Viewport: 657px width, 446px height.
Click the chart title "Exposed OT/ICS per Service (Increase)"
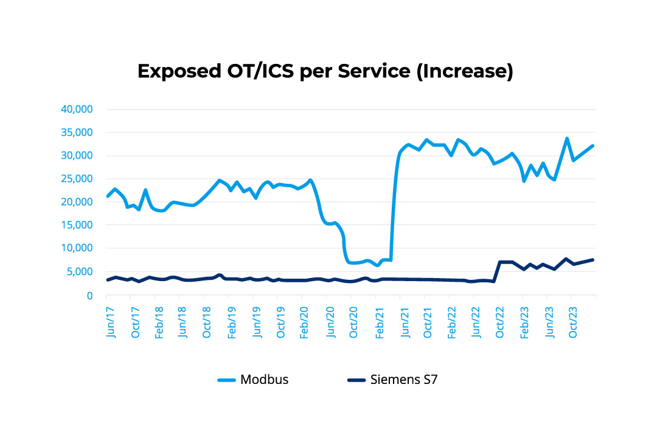(325, 71)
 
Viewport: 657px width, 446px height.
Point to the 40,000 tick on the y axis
(77, 110)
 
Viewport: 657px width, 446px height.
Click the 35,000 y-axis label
(77, 133)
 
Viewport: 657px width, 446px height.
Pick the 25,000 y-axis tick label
(77, 179)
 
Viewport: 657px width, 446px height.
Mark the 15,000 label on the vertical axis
(77, 225)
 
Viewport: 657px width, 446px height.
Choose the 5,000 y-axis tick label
(79, 272)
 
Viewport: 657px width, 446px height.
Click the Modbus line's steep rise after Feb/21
(394, 201)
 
